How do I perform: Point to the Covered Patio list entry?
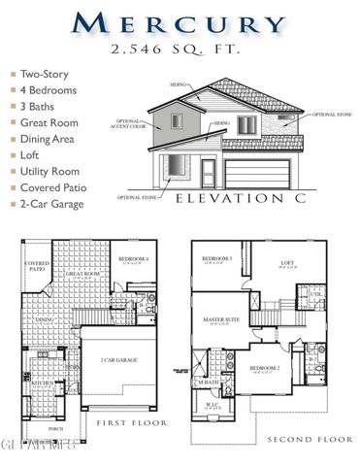click(x=53, y=188)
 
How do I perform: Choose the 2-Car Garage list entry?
click(x=52, y=205)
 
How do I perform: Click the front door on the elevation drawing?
click(x=208, y=173)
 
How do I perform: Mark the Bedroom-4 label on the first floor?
click(x=133, y=259)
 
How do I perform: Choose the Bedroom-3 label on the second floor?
click(x=216, y=259)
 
